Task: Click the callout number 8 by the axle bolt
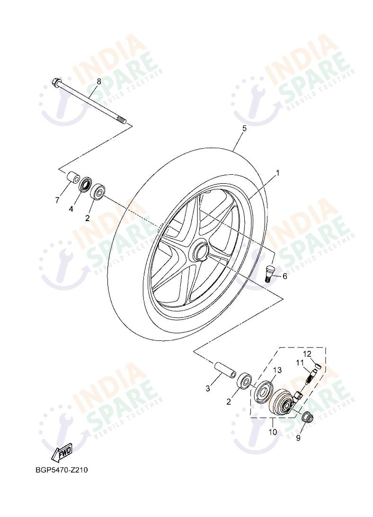(x=98, y=81)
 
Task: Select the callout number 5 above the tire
(x=244, y=128)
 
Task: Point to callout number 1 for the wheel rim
(x=277, y=173)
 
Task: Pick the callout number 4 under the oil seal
(x=71, y=208)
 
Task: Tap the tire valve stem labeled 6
(x=269, y=273)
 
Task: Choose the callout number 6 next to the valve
(x=284, y=276)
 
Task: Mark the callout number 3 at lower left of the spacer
(x=208, y=389)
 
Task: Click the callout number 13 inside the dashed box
(x=277, y=370)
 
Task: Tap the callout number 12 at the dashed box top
(x=307, y=354)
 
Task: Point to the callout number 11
(x=300, y=363)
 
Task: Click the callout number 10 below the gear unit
(x=272, y=432)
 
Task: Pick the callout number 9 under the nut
(x=298, y=438)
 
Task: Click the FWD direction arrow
(x=62, y=453)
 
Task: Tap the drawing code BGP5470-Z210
(x=62, y=471)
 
